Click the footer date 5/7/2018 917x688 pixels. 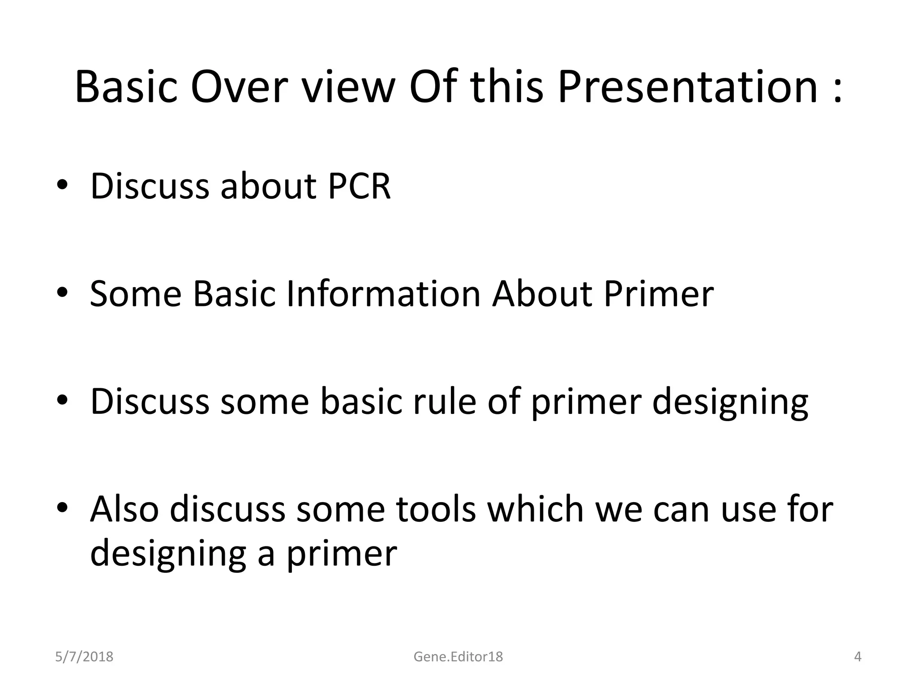(x=84, y=657)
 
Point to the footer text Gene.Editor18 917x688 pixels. (x=458, y=657)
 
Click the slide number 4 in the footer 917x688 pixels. (x=857, y=657)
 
